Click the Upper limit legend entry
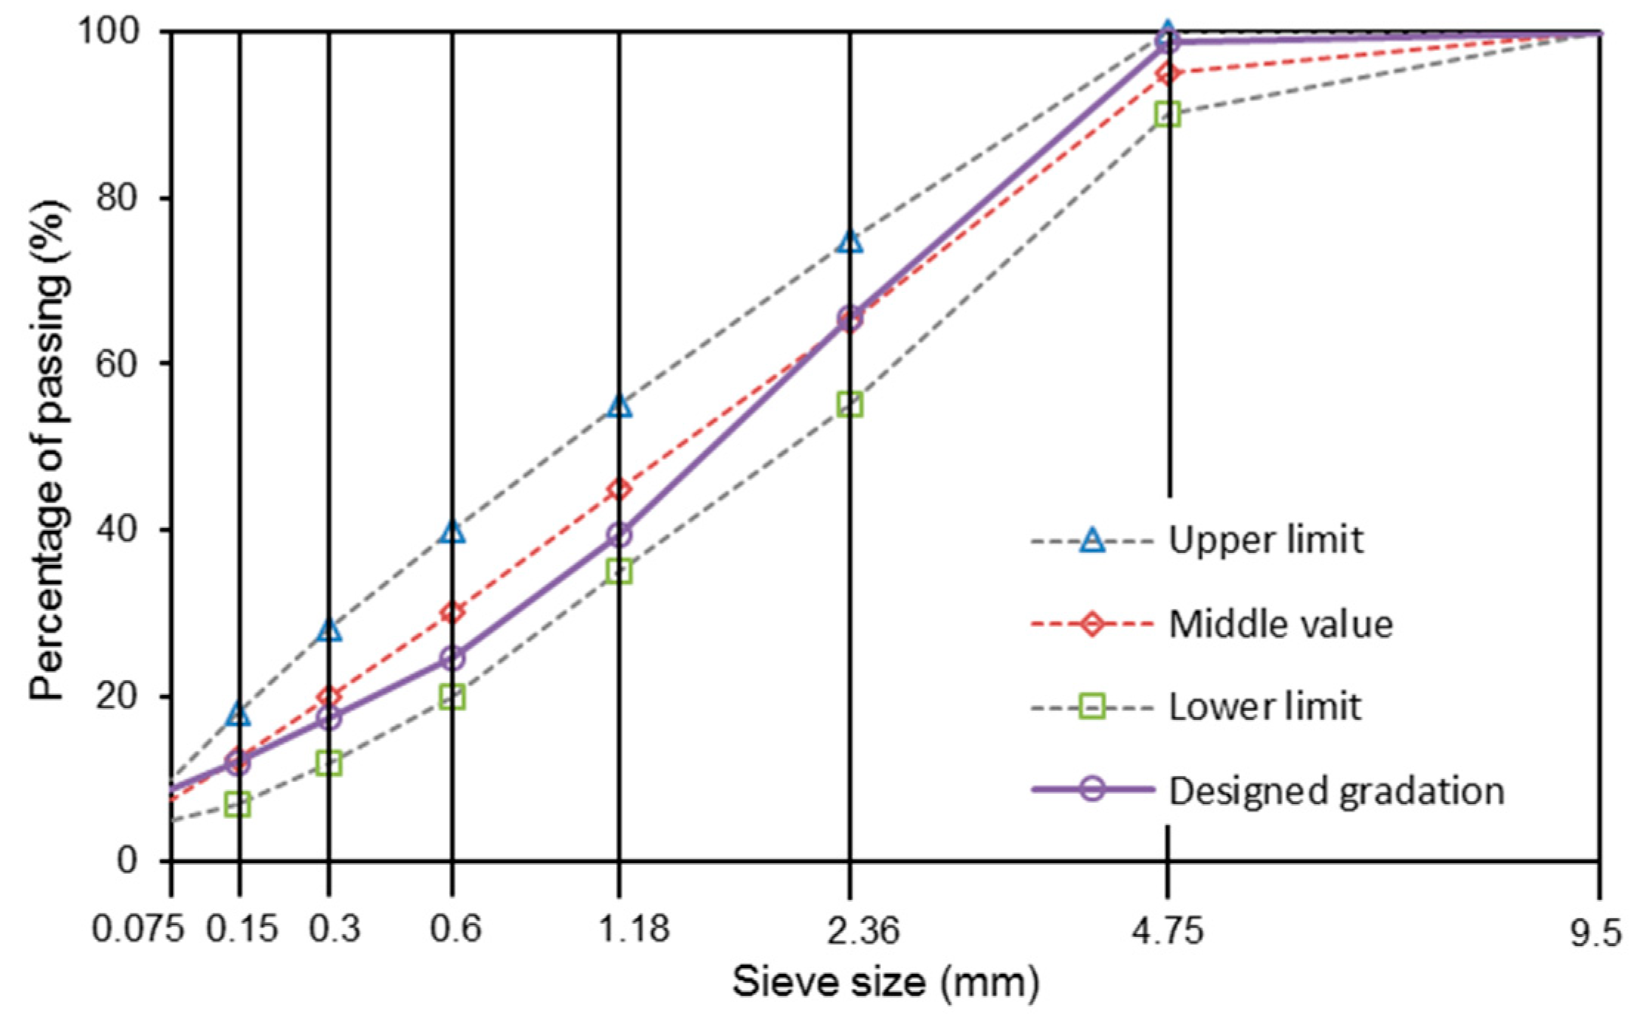[1264, 541]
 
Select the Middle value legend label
[1280, 625]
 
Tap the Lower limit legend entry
[1264, 707]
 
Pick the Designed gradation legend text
[1335, 791]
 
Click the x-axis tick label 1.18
[633, 929]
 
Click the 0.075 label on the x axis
[137, 929]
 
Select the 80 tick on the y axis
[117, 199]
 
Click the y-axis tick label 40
[117, 530]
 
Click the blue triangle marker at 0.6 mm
[453, 532]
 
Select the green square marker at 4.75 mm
[1168, 114]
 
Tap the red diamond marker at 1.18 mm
[619, 489]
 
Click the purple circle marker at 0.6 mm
[453, 658]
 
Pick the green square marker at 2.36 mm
[850, 405]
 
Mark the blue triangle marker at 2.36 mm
[850, 241]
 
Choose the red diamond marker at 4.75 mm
[1168, 74]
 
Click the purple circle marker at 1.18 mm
[619, 535]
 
